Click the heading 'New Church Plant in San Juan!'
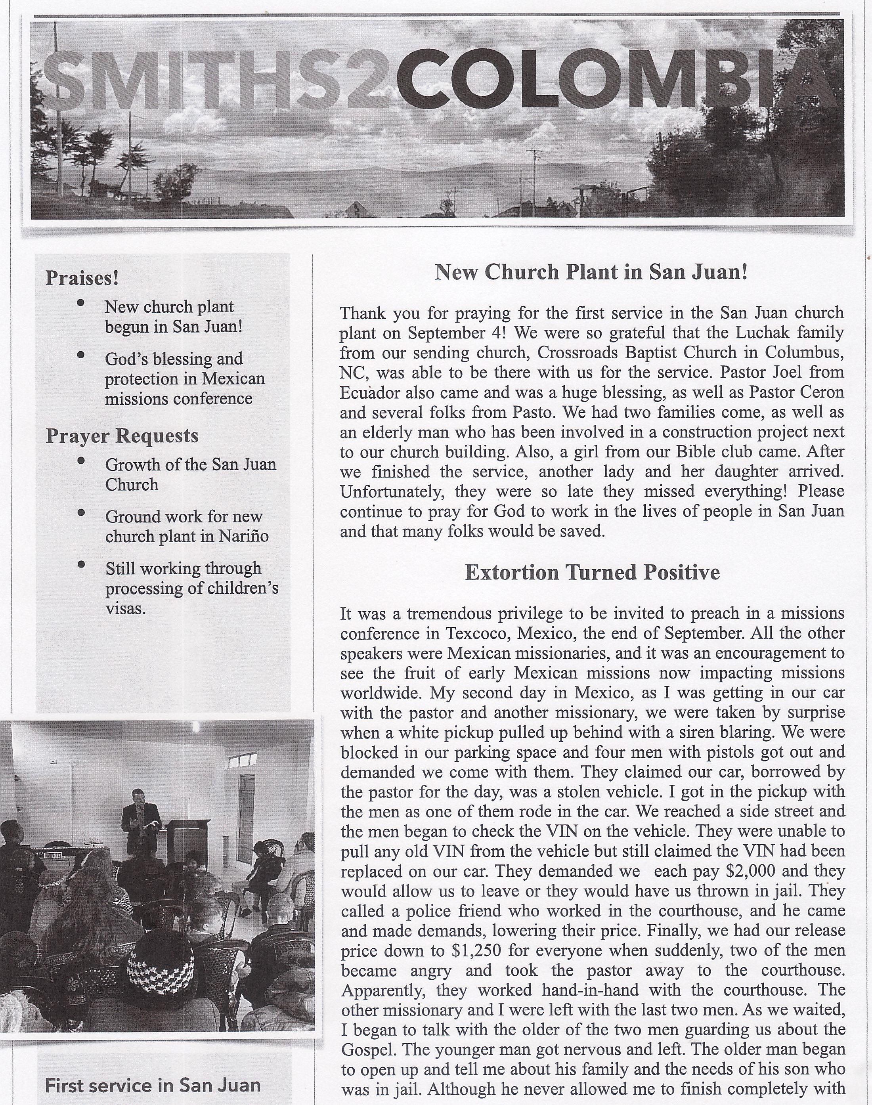[591, 272]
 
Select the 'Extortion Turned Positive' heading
[592, 572]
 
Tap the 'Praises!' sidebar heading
[82, 278]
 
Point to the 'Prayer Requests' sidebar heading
[122, 435]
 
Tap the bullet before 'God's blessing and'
[80, 355]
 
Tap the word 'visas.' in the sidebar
[126, 608]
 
